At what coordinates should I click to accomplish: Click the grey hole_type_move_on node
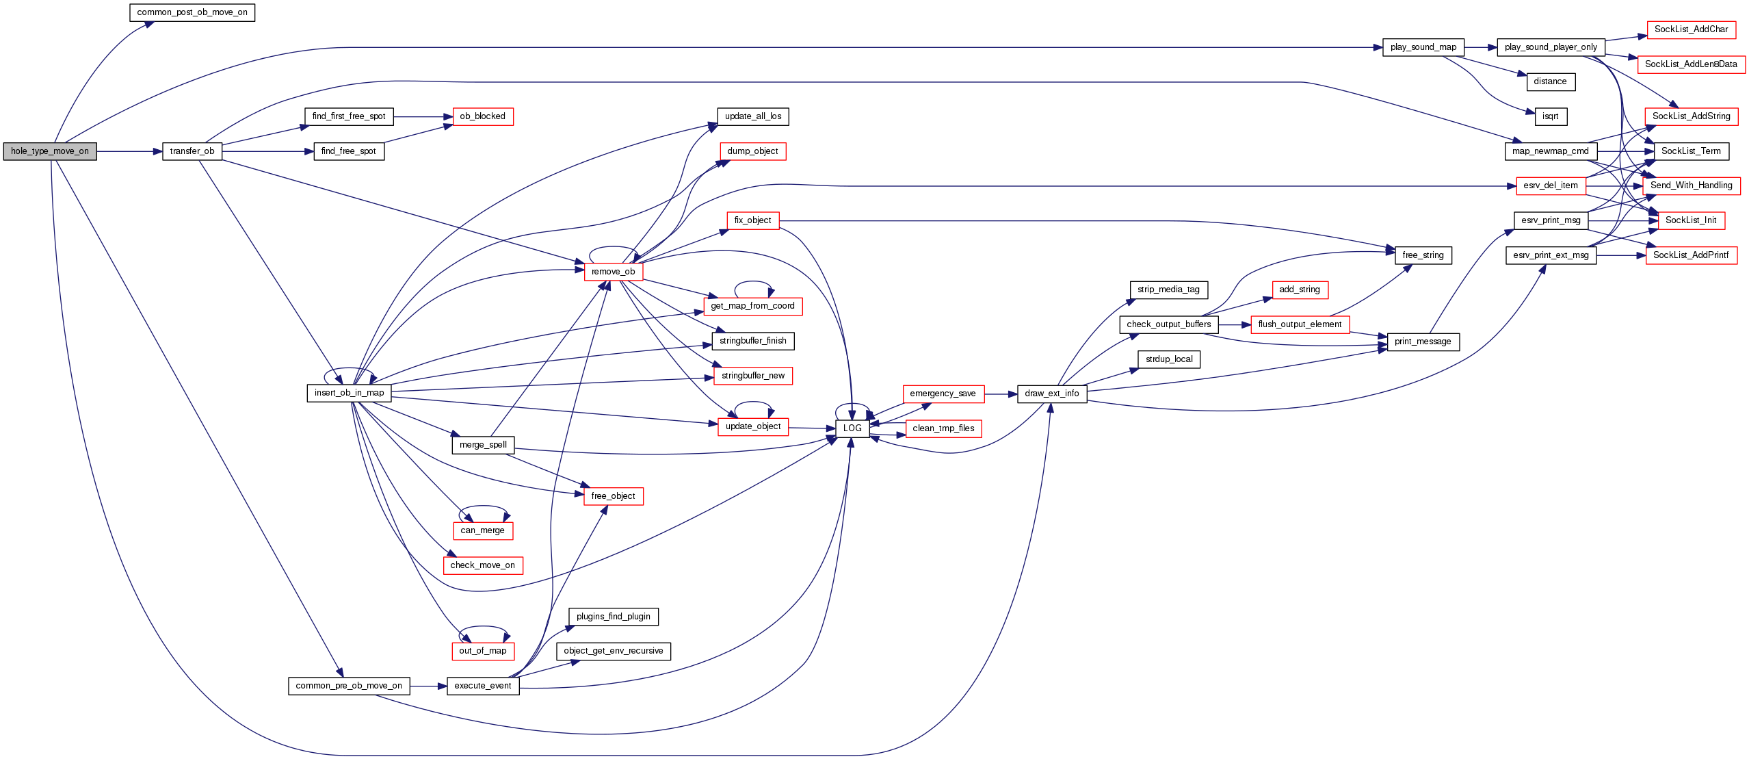[x=50, y=151]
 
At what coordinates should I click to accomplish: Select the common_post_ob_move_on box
[x=192, y=12]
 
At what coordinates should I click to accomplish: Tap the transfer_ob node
[x=192, y=151]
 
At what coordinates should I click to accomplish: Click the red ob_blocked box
[x=482, y=116]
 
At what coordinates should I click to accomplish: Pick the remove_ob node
[x=613, y=272]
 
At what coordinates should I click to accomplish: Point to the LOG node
[x=852, y=428]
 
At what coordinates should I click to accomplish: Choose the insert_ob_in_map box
[x=349, y=393]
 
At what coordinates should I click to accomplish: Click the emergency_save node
[x=943, y=394]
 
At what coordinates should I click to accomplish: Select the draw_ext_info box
[x=1051, y=394]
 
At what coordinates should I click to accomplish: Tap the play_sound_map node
[x=1423, y=47]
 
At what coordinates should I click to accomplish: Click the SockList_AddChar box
[x=1691, y=29]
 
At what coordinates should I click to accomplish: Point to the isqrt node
[x=1550, y=116]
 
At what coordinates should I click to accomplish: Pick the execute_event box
[x=483, y=686]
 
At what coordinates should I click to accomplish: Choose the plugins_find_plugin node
[x=613, y=617]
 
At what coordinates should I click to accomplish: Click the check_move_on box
[x=482, y=565]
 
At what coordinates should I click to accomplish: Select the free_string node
[x=1423, y=255]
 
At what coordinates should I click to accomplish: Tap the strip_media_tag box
[x=1168, y=290]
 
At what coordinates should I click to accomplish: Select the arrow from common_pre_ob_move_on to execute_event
[x=428, y=686]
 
